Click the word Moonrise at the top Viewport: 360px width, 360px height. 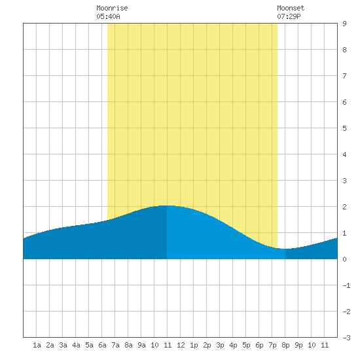tap(112, 8)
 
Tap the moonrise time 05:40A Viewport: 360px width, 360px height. tap(108, 16)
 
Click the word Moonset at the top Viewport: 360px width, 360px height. tap(291, 8)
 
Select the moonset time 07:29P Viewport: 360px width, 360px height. tap(289, 16)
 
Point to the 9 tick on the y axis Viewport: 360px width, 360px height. tap(344, 24)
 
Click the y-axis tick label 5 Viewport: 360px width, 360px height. tap(344, 128)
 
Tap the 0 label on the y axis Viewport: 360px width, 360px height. tap(344, 259)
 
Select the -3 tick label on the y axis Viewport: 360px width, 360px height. tap(346, 338)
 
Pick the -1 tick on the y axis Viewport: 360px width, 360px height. tap(346, 285)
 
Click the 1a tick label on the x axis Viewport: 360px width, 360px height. tap(37, 345)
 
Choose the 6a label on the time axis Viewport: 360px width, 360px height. tap(102, 345)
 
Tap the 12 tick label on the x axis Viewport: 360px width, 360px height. tap(181, 345)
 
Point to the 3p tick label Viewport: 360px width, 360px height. tap(220, 345)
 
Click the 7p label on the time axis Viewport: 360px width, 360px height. tap(272, 345)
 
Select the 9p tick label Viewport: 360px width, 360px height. tap(298, 345)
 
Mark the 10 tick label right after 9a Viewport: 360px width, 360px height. tap(154, 345)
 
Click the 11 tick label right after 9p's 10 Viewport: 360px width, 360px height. tap(325, 345)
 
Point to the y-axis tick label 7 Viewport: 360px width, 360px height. tap(344, 76)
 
